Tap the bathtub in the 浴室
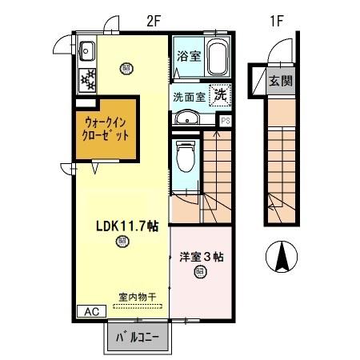[218, 58]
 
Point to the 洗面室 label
[189, 97]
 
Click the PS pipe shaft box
[226, 120]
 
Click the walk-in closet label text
[106, 129]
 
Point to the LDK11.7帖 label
[122, 226]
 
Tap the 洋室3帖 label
[201, 257]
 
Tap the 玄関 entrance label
[281, 80]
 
